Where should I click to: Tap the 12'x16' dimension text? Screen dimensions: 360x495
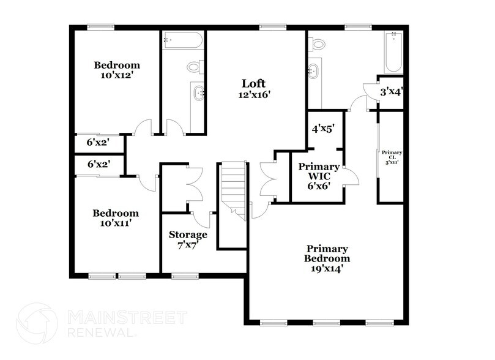coord(254,95)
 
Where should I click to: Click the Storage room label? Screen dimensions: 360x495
coord(188,234)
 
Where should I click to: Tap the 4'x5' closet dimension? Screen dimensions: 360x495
coord(324,129)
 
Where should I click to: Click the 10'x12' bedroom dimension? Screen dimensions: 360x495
coord(116,76)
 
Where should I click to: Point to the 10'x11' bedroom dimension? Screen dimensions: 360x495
coord(116,224)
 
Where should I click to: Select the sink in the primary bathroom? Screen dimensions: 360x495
coord(314,71)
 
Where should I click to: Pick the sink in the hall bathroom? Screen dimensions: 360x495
coord(199,93)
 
